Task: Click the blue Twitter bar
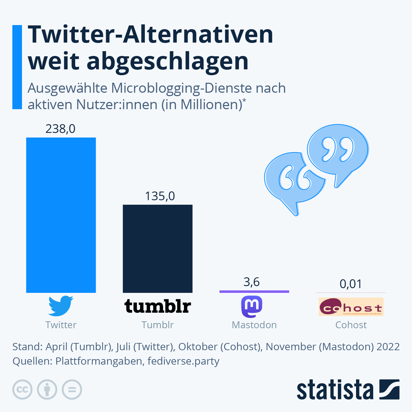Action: [61, 215]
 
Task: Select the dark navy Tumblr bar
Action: [158, 249]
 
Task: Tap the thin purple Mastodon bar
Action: [254, 291]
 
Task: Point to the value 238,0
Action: [60, 129]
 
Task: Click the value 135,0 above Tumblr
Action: [160, 196]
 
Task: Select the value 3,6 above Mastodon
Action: [251, 282]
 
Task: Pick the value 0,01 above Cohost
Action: [351, 284]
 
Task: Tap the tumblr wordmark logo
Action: [158, 306]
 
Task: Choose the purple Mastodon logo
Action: [252, 307]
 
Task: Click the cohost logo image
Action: [351, 307]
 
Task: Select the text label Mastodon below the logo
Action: [254, 325]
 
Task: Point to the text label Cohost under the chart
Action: [351, 325]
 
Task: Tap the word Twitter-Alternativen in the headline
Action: [150, 34]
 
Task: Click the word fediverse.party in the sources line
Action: [183, 361]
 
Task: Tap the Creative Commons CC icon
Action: [22, 390]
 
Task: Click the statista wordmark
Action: [335, 390]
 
